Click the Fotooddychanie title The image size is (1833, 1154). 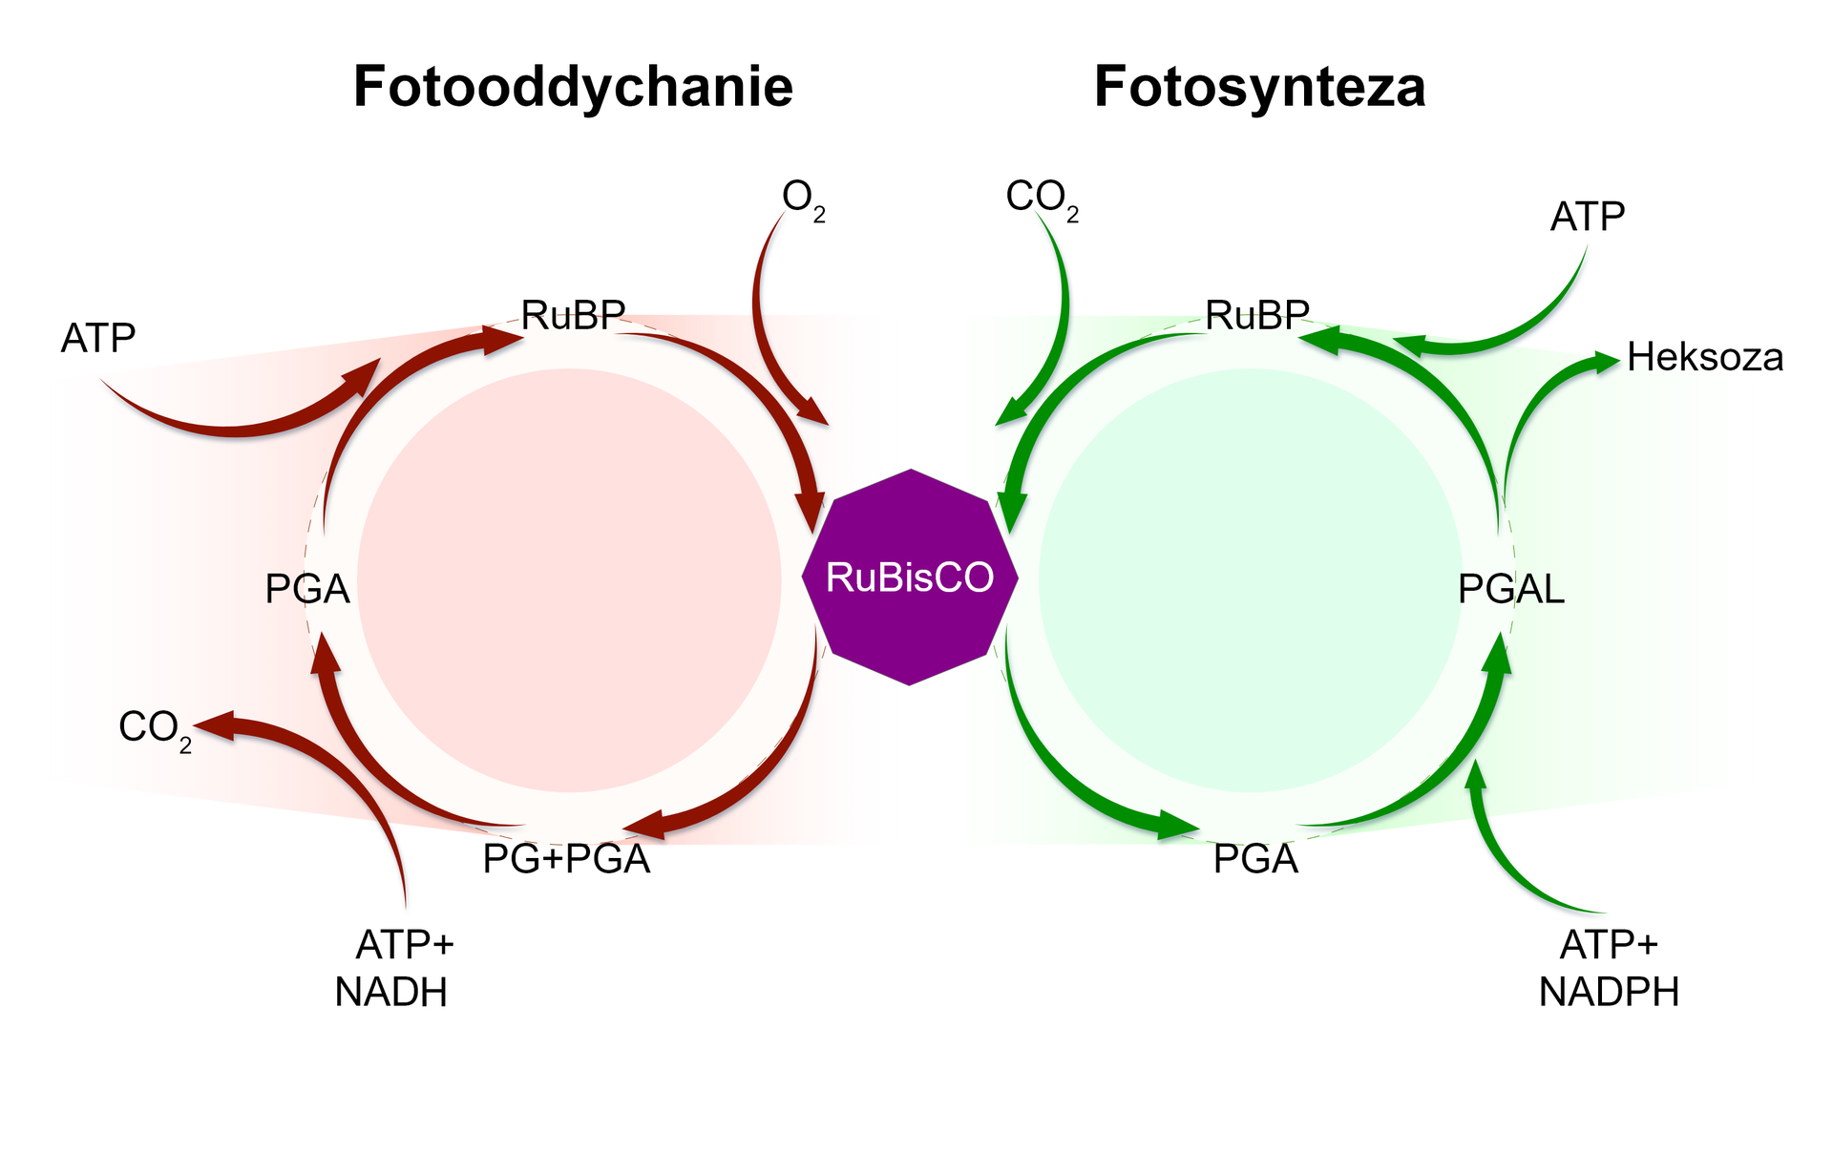(573, 87)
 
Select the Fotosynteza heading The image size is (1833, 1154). (1259, 87)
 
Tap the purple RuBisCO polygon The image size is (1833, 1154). (910, 577)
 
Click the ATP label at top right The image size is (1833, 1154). (1587, 218)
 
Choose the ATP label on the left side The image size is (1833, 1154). (98, 339)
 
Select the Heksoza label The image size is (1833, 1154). (1705, 358)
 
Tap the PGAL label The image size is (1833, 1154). (1511, 590)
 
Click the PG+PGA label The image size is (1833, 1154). (566, 859)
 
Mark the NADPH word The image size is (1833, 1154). (1609, 993)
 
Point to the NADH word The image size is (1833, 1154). (391, 993)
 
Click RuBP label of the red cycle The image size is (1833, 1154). (573, 315)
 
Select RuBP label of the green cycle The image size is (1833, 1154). (1257, 315)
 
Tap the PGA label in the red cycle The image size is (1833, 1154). (307, 590)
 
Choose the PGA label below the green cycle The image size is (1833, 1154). (1255, 859)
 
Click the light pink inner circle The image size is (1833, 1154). (569, 580)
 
